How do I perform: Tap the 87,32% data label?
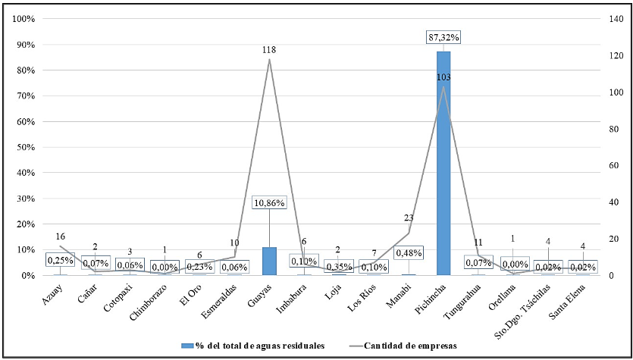[x=443, y=36]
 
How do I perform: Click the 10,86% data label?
[x=269, y=203]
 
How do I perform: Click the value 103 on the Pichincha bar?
[x=443, y=77]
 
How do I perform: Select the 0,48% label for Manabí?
[x=409, y=252]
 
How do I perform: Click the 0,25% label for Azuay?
[x=61, y=260]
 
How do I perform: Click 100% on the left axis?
[x=23, y=19]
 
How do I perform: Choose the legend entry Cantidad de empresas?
[x=410, y=345]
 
